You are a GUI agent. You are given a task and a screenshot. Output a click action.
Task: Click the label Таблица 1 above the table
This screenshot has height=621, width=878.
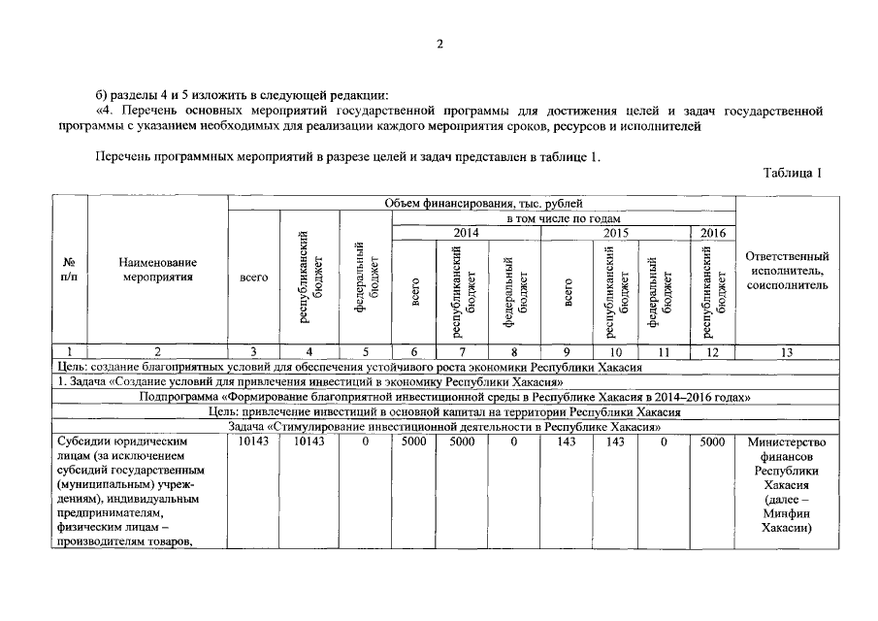(793, 173)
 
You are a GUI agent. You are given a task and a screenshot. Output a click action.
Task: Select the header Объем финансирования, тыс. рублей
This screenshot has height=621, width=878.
(482, 204)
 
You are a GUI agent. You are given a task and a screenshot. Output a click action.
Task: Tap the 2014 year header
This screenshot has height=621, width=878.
(466, 233)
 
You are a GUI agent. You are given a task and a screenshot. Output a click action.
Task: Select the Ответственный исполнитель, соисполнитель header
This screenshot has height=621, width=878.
(787, 271)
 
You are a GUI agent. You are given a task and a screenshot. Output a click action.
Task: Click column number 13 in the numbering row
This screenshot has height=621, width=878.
(787, 352)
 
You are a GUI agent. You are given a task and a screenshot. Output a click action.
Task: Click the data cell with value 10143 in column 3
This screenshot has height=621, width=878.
(253, 441)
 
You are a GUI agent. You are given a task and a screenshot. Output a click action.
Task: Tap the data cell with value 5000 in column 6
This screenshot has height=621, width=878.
(414, 441)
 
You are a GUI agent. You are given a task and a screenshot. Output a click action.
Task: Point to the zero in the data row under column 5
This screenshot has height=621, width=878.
(365, 441)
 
